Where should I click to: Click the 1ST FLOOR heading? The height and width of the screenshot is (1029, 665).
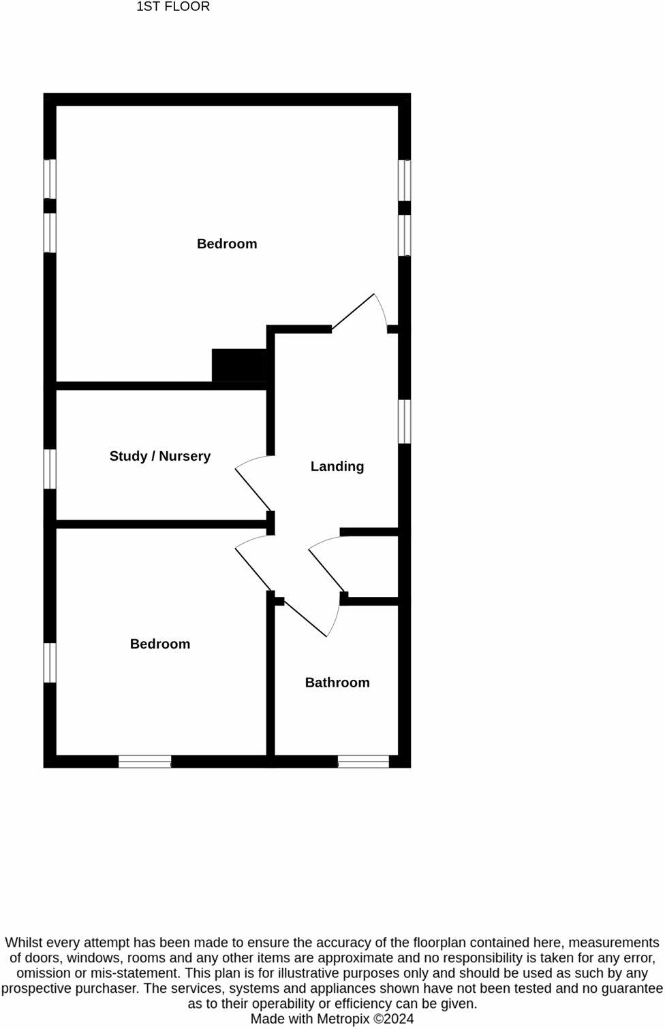click(x=173, y=7)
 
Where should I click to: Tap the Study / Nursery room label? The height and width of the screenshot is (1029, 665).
click(x=160, y=456)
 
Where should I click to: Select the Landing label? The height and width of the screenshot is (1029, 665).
click(x=337, y=466)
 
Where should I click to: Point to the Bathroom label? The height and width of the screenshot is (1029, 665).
click(x=337, y=683)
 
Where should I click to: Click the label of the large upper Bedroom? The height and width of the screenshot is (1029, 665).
click(x=227, y=244)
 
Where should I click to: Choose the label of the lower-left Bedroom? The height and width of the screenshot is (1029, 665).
click(x=160, y=644)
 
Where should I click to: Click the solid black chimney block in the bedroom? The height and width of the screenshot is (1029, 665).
click(x=239, y=365)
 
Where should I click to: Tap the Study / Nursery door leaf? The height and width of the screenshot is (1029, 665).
click(x=253, y=490)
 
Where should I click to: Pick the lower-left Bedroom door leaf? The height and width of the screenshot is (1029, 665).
click(x=253, y=570)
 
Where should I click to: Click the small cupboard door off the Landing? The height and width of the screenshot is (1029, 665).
click(x=326, y=570)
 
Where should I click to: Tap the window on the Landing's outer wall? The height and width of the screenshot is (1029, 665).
click(x=404, y=421)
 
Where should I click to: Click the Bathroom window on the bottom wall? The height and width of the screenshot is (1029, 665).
click(x=363, y=761)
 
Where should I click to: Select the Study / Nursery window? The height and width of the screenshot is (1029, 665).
click(x=50, y=468)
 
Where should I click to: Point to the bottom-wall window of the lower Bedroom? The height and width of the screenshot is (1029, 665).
click(x=145, y=761)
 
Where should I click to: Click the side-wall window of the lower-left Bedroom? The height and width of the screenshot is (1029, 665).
click(x=50, y=662)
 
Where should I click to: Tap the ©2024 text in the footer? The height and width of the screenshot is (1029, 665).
click(x=393, y=1019)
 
